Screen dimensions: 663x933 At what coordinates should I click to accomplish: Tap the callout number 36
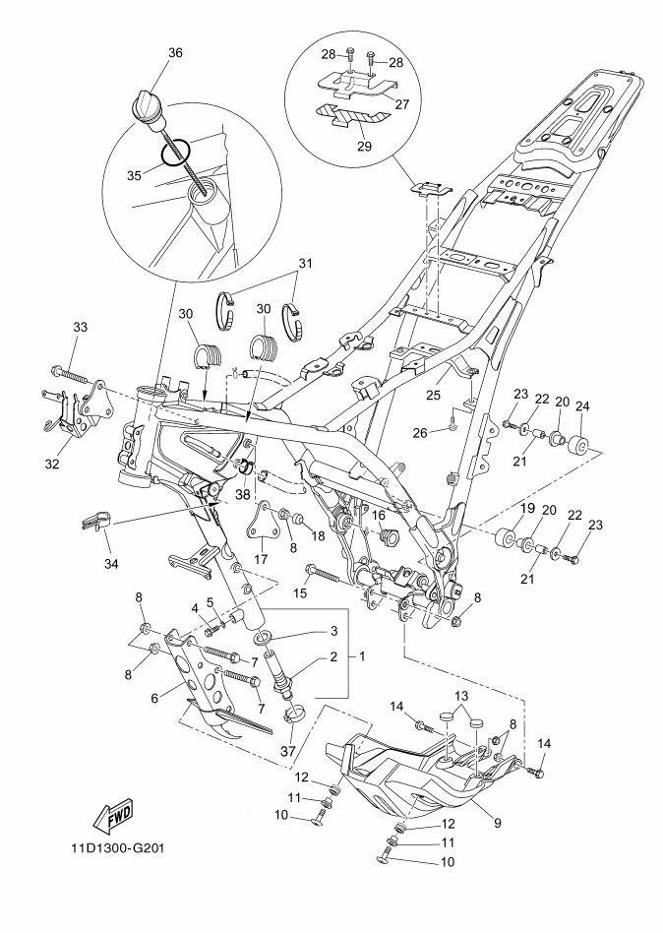click(x=175, y=53)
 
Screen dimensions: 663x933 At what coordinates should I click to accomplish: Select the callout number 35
click(x=135, y=175)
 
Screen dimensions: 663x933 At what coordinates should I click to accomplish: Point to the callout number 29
click(x=364, y=146)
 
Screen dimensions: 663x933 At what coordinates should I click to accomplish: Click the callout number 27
click(x=402, y=103)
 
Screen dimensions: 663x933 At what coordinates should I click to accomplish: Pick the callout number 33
click(x=81, y=327)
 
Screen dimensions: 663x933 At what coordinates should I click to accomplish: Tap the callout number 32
click(x=52, y=464)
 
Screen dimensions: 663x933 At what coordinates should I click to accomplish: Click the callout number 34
click(x=111, y=563)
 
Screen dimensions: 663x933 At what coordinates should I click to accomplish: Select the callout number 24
click(x=582, y=406)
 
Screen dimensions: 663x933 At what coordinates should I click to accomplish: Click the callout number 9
click(x=498, y=824)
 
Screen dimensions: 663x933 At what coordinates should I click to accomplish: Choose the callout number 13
click(x=461, y=696)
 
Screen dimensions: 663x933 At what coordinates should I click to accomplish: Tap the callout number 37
click(x=288, y=752)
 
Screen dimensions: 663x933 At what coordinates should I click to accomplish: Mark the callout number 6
click(x=154, y=698)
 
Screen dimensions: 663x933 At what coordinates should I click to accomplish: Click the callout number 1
click(x=362, y=656)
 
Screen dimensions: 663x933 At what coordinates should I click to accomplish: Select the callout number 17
click(x=261, y=559)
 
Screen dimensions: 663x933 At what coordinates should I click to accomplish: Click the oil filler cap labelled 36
click(x=148, y=107)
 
